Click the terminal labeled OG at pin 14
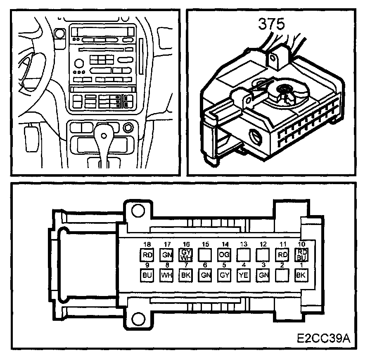tap(224, 255)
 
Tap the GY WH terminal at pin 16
tap(185, 255)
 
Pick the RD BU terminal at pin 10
tap(301, 255)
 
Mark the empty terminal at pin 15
tap(205, 255)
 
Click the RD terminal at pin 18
tap(147, 255)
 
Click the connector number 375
tap(271, 24)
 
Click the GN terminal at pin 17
tap(166, 255)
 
